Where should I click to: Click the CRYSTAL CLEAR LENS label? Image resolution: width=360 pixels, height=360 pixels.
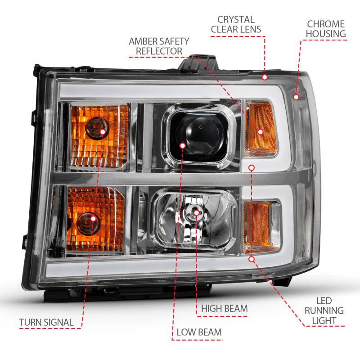click(236, 25)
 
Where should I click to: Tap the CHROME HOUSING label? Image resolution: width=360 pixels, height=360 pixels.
click(326, 29)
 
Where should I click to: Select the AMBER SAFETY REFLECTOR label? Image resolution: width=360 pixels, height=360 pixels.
click(159, 46)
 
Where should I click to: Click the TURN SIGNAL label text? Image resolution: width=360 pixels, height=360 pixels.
click(46, 322)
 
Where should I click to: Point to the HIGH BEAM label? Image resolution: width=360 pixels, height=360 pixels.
click(224, 308)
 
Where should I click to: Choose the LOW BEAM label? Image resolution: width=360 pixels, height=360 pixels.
click(199, 333)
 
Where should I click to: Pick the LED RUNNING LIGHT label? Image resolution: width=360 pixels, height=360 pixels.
click(324, 310)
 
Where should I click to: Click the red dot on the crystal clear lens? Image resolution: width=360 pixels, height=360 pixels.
click(265, 77)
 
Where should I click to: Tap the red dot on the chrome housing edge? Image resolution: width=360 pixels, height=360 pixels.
click(296, 97)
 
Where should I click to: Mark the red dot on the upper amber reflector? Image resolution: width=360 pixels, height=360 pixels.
click(260, 132)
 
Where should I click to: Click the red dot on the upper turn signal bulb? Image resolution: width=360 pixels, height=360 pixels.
click(103, 132)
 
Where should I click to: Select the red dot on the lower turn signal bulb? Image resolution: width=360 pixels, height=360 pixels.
click(94, 219)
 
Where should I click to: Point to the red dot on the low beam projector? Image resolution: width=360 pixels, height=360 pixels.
click(182, 145)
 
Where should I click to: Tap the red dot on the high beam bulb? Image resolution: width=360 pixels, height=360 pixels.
click(197, 212)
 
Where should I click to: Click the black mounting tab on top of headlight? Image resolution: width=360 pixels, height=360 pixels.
click(200, 63)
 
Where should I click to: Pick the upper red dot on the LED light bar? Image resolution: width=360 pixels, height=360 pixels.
click(252, 167)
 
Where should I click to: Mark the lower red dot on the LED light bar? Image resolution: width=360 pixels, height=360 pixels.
click(252, 259)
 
